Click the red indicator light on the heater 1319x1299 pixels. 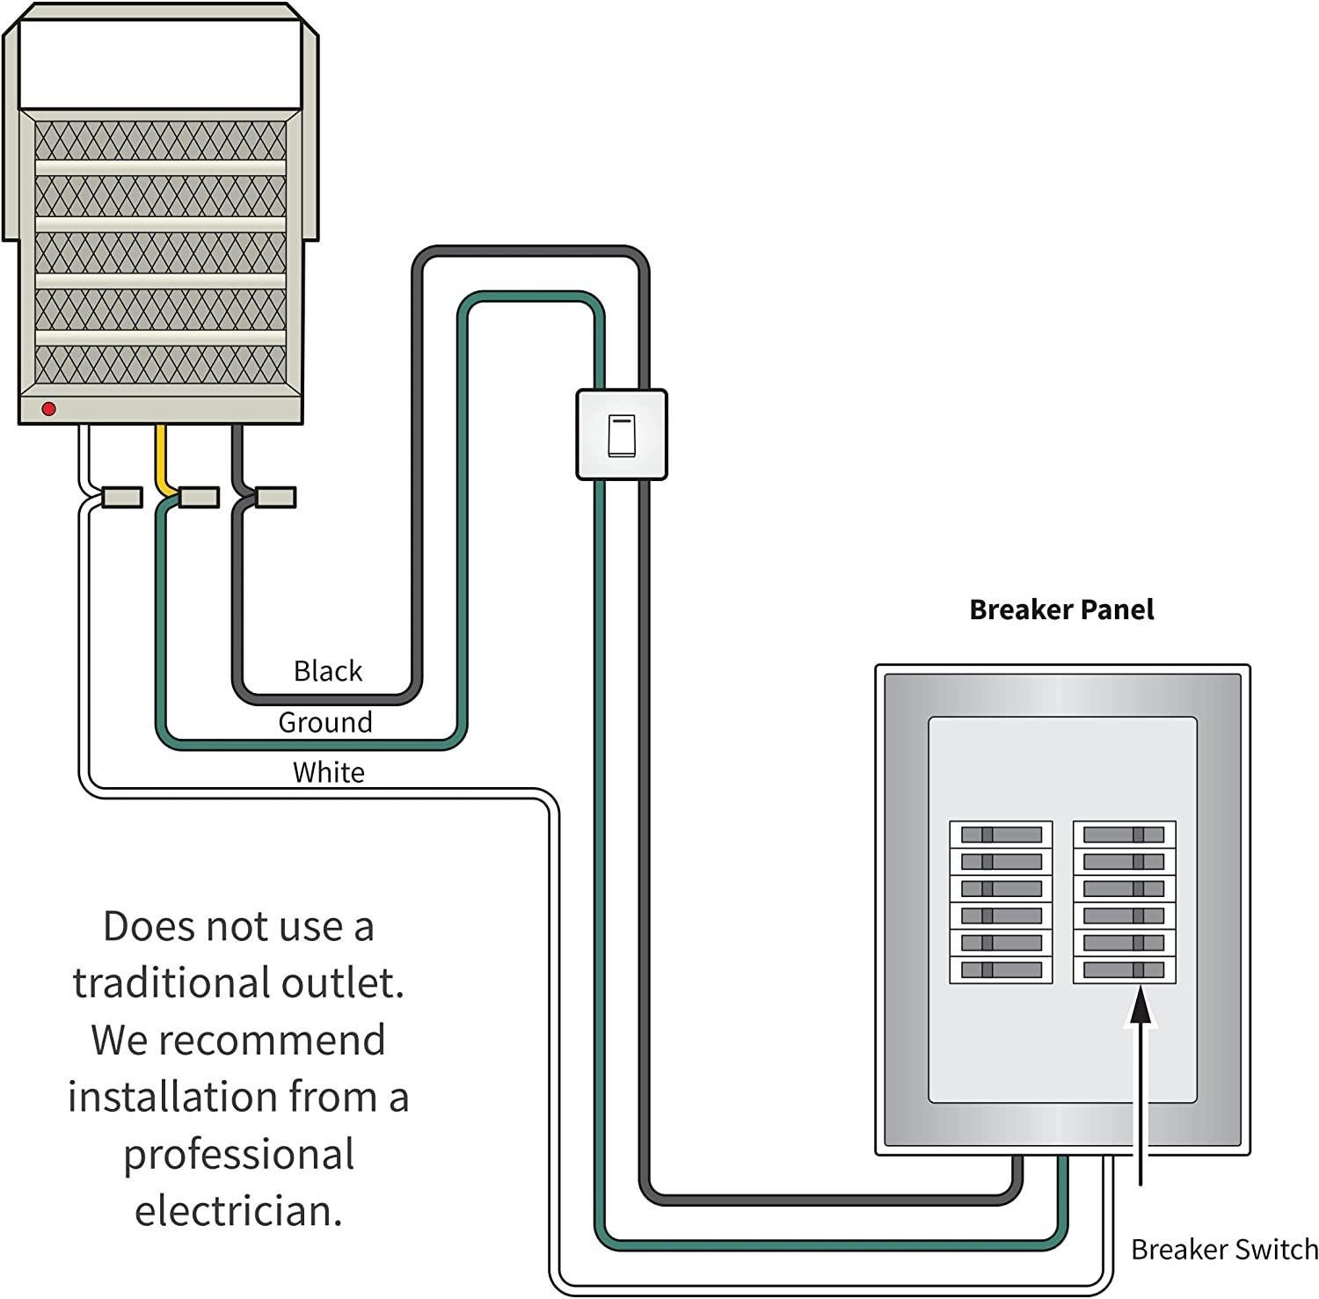pos(49,409)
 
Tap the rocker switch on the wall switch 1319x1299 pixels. pos(621,435)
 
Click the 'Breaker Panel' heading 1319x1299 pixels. pos(1060,609)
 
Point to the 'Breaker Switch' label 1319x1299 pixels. pos(1223,1249)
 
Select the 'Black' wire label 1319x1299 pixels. pos(327,671)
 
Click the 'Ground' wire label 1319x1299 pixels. pos(325,722)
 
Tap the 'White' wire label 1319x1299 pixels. pos(328,772)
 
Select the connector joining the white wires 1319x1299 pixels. pos(122,497)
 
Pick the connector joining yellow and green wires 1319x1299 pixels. pos(199,497)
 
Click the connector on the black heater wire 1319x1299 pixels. pos(275,497)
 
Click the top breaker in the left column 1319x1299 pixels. pos(1001,834)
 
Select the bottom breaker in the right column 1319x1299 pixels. pos(1124,970)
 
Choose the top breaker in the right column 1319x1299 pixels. pos(1124,834)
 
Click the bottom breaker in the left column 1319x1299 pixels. pos(1001,970)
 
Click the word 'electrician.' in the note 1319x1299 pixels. pos(238,1211)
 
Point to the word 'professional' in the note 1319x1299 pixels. pos(238,1155)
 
